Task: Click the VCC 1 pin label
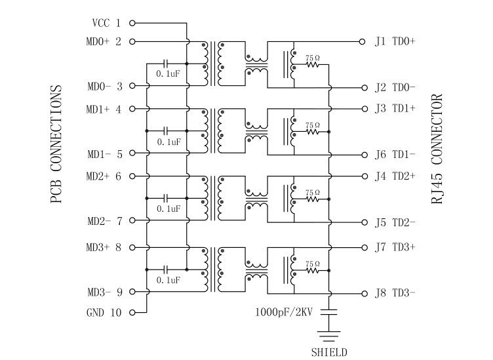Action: [106, 23]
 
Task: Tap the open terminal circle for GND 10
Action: [132, 313]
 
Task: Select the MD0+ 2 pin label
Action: [104, 42]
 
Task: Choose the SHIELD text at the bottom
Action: [328, 352]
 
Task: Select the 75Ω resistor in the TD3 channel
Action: [312, 270]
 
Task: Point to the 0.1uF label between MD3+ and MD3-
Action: [168, 280]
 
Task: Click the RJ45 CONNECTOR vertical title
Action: [438, 150]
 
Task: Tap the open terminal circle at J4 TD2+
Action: [362, 176]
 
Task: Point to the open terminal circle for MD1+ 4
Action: [132, 110]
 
